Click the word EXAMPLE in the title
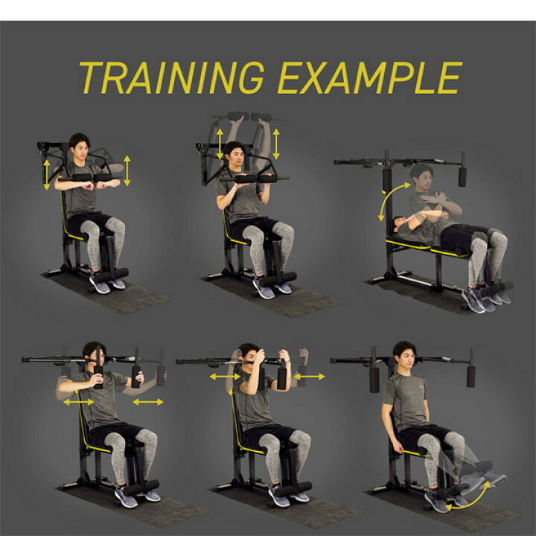tap(370, 77)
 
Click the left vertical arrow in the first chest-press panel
tap(46, 175)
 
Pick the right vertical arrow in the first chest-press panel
tap(127, 170)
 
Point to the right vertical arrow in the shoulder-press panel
tap(276, 144)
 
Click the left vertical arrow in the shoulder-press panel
tap(220, 144)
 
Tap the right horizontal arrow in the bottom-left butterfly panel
tap(148, 402)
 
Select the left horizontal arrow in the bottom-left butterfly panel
tap(79, 402)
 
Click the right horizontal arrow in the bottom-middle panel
tap(310, 377)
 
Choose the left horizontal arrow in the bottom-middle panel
tap(225, 377)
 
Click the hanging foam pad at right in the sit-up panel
tap(462, 176)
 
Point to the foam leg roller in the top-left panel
tap(111, 275)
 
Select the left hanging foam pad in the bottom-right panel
tap(374, 379)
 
